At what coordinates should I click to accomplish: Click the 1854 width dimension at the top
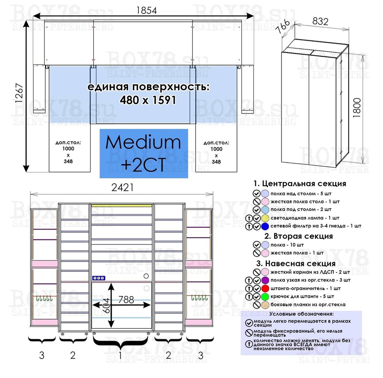(x=146, y=10)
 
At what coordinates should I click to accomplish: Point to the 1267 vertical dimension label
(x=19, y=93)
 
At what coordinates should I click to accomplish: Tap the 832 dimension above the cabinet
(x=320, y=21)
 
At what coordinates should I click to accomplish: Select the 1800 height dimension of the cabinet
(x=357, y=108)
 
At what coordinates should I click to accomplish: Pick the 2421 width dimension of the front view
(x=123, y=188)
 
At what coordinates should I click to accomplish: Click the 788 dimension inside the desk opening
(x=126, y=300)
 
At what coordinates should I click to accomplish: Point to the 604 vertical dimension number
(x=106, y=306)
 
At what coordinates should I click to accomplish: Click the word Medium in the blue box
(x=143, y=142)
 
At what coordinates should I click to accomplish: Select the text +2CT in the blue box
(x=144, y=164)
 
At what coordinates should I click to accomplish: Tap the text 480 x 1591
(x=148, y=100)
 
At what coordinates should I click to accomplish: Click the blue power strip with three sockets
(x=99, y=278)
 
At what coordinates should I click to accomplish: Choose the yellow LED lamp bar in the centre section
(x=122, y=206)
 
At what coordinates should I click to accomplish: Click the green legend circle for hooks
(x=265, y=297)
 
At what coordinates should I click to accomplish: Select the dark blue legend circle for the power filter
(x=265, y=226)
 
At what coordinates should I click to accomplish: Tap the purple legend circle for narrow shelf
(x=265, y=280)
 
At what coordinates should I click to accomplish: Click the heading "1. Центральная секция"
(x=300, y=184)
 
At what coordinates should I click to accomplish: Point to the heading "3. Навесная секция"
(x=296, y=264)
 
